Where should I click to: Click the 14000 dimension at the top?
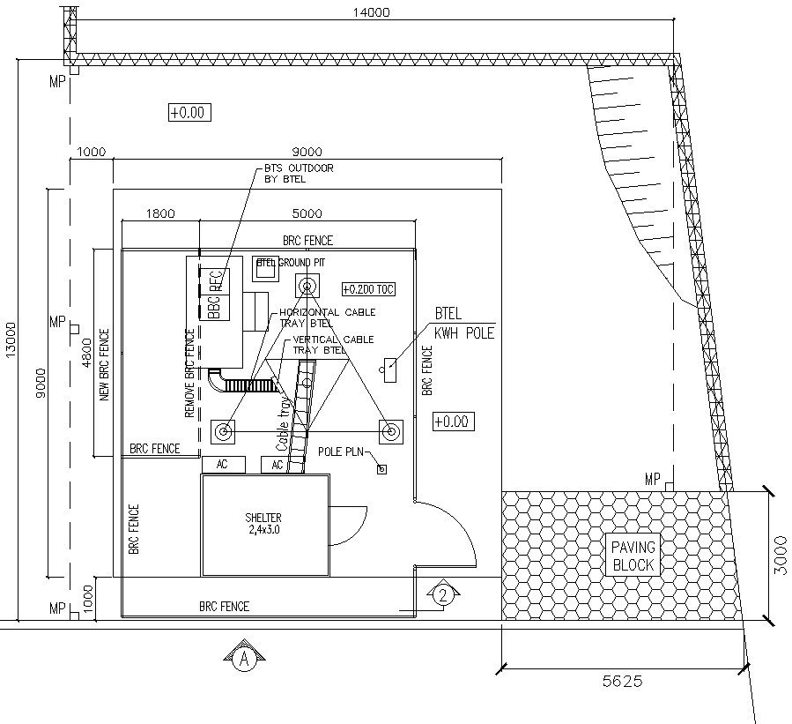point(369,12)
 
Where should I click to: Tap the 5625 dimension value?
point(622,681)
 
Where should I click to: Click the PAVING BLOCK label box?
point(633,556)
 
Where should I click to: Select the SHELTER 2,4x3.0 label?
point(264,524)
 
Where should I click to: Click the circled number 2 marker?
point(444,595)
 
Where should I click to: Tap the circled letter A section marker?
point(246,658)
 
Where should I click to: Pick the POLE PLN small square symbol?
point(381,469)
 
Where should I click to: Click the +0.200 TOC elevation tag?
point(366,289)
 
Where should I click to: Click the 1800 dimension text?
point(160,213)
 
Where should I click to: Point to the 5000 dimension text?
point(307,213)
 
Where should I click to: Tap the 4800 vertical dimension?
point(86,354)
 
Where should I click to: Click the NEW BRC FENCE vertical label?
point(105,366)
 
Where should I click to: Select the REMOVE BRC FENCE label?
point(189,374)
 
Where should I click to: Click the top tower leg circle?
point(307,285)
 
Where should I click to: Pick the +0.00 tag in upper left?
point(187,112)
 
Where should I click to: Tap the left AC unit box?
point(223,464)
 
